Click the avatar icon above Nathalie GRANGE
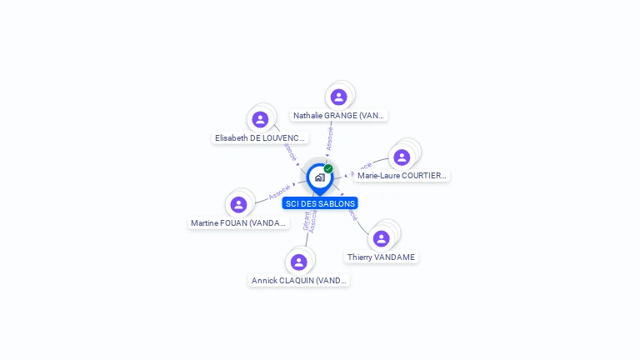338,97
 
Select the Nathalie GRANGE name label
338,116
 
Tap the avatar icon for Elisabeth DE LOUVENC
260,120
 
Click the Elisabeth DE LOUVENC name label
261,138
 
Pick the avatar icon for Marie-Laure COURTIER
402,157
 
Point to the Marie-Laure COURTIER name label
402,176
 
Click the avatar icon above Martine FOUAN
239,205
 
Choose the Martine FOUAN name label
239,223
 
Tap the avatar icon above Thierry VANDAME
381,239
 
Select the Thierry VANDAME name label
381,257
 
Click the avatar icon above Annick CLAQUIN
299,262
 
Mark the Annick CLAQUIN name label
299,281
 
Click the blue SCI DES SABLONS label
320,203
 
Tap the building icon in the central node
319,177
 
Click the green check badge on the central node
328,168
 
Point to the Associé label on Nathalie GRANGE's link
330,137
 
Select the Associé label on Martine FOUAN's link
280,192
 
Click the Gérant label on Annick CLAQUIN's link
306,221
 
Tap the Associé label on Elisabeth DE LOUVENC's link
290,151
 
